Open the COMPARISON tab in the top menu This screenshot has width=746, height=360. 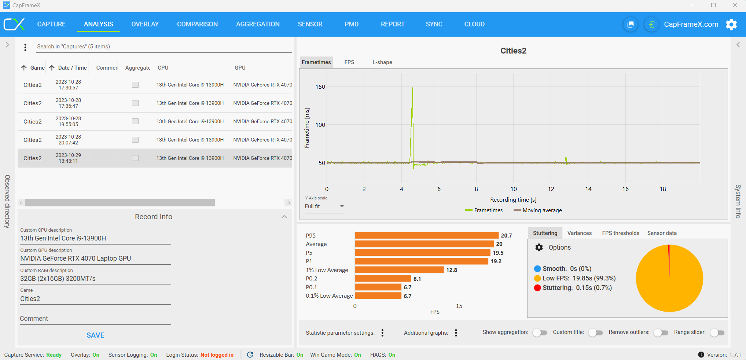(x=197, y=24)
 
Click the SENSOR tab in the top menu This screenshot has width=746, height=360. (x=310, y=24)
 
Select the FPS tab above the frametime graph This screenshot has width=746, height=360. (x=349, y=62)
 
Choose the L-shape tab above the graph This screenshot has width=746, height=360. (x=382, y=62)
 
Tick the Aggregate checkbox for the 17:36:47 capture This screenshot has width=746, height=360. (x=135, y=103)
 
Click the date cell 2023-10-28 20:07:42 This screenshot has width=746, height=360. (x=68, y=140)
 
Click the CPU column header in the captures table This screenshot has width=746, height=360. (x=163, y=68)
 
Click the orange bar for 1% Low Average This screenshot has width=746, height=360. (x=399, y=270)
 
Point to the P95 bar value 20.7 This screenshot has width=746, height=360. (x=507, y=235)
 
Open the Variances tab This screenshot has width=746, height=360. (x=580, y=233)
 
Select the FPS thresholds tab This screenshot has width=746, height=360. (x=621, y=233)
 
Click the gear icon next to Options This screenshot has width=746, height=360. (x=539, y=247)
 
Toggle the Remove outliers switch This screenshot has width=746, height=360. (x=661, y=333)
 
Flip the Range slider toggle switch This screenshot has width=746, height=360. (x=717, y=333)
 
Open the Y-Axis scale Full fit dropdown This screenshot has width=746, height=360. (x=324, y=206)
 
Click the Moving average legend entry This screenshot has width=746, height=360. (x=538, y=210)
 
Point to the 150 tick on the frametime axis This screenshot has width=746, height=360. (x=320, y=87)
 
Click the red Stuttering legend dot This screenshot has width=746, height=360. (x=537, y=288)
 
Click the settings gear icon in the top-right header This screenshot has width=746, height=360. (x=731, y=24)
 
